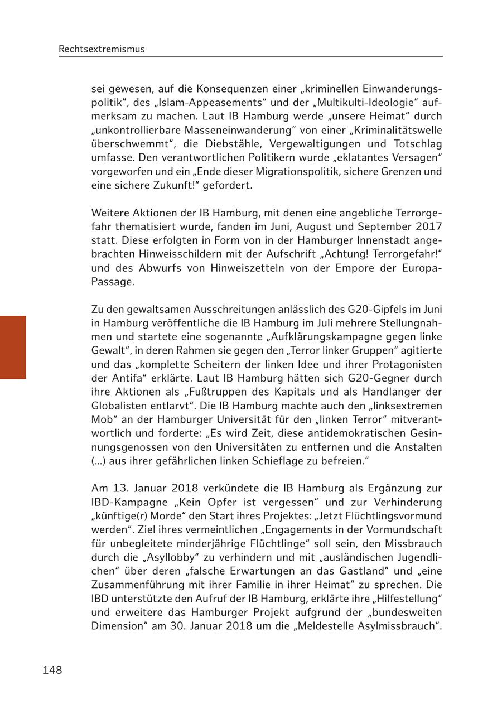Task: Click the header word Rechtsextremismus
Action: click(x=102, y=49)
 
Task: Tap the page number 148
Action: click(x=52, y=670)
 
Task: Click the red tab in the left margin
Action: click(x=13, y=347)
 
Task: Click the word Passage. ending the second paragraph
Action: click(x=113, y=281)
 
